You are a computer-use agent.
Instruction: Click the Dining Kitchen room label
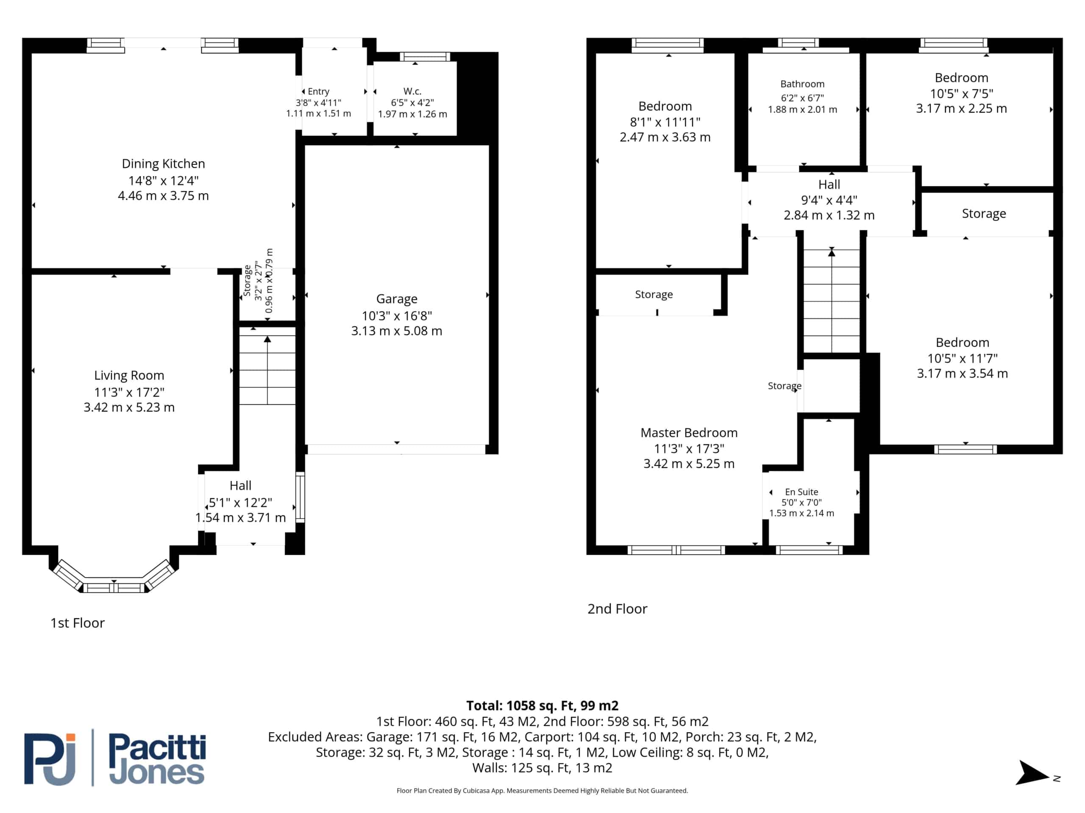pyautogui.click(x=163, y=164)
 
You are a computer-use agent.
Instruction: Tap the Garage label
pyautogui.click(x=397, y=299)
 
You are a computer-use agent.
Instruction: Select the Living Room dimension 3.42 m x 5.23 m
pyautogui.click(x=129, y=407)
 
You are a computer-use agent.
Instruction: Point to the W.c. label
pyautogui.click(x=412, y=91)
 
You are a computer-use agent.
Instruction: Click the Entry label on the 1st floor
pyautogui.click(x=318, y=91)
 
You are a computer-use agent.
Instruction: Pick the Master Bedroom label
pyautogui.click(x=689, y=433)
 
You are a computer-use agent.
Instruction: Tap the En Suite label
pyautogui.click(x=801, y=492)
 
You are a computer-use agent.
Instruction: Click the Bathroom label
pyautogui.click(x=802, y=84)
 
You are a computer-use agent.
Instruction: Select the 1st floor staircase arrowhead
pyautogui.click(x=267, y=339)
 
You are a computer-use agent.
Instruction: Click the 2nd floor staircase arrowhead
pyautogui.click(x=832, y=253)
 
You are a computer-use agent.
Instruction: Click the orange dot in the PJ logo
pyautogui.click(x=71, y=737)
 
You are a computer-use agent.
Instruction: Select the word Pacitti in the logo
pyautogui.click(x=157, y=748)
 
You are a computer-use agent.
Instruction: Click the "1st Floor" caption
pyautogui.click(x=78, y=623)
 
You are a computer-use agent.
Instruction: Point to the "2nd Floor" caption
pyautogui.click(x=618, y=608)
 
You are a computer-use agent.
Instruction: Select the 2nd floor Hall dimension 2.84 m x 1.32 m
pyautogui.click(x=829, y=215)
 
